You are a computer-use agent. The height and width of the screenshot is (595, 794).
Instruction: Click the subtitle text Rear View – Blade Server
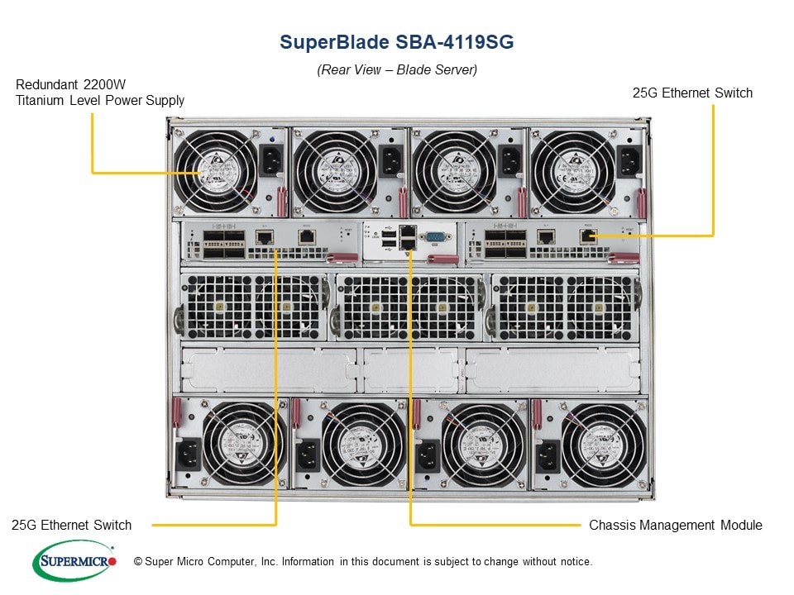pyautogui.click(x=396, y=70)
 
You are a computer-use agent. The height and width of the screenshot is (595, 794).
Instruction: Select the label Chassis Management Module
pyautogui.click(x=675, y=525)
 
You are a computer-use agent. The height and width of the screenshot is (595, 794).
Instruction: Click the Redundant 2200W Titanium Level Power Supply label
pyautogui.click(x=100, y=93)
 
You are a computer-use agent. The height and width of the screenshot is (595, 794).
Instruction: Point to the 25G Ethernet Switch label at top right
pyautogui.click(x=692, y=93)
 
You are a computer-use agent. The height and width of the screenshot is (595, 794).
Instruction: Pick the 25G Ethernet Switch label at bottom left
pyautogui.click(x=72, y=525)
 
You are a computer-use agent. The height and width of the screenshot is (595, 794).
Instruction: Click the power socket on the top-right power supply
pyautogui.click(x=629, y=162)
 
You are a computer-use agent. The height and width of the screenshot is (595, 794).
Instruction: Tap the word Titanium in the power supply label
pyautogui.click(x=43, y=101)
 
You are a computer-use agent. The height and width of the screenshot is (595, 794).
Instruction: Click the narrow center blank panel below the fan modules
pyautogui.click(x=410, y=368)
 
